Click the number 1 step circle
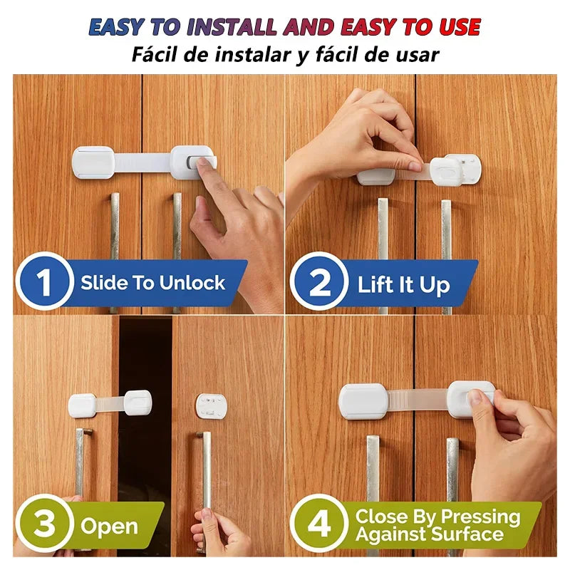click(44, 282)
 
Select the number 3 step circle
click(43, 525)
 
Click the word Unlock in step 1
click(192, 282)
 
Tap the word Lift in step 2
click(375, 286)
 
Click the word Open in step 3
click(109, 527)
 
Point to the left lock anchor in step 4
click(363, 400)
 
